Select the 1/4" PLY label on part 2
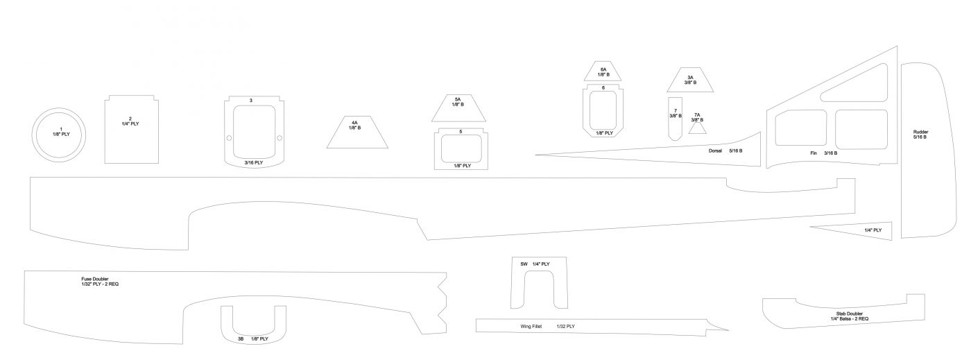tap(130, 124)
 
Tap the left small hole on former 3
tap(230, 138)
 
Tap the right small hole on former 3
tap(280, 138)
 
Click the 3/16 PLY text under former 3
tap(254, 163)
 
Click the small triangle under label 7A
tap(698, 129)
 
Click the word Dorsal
tap(715, 151)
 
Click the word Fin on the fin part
tap(813, 153)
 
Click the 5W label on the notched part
tap(524, 264)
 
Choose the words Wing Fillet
tap(531, 327)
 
